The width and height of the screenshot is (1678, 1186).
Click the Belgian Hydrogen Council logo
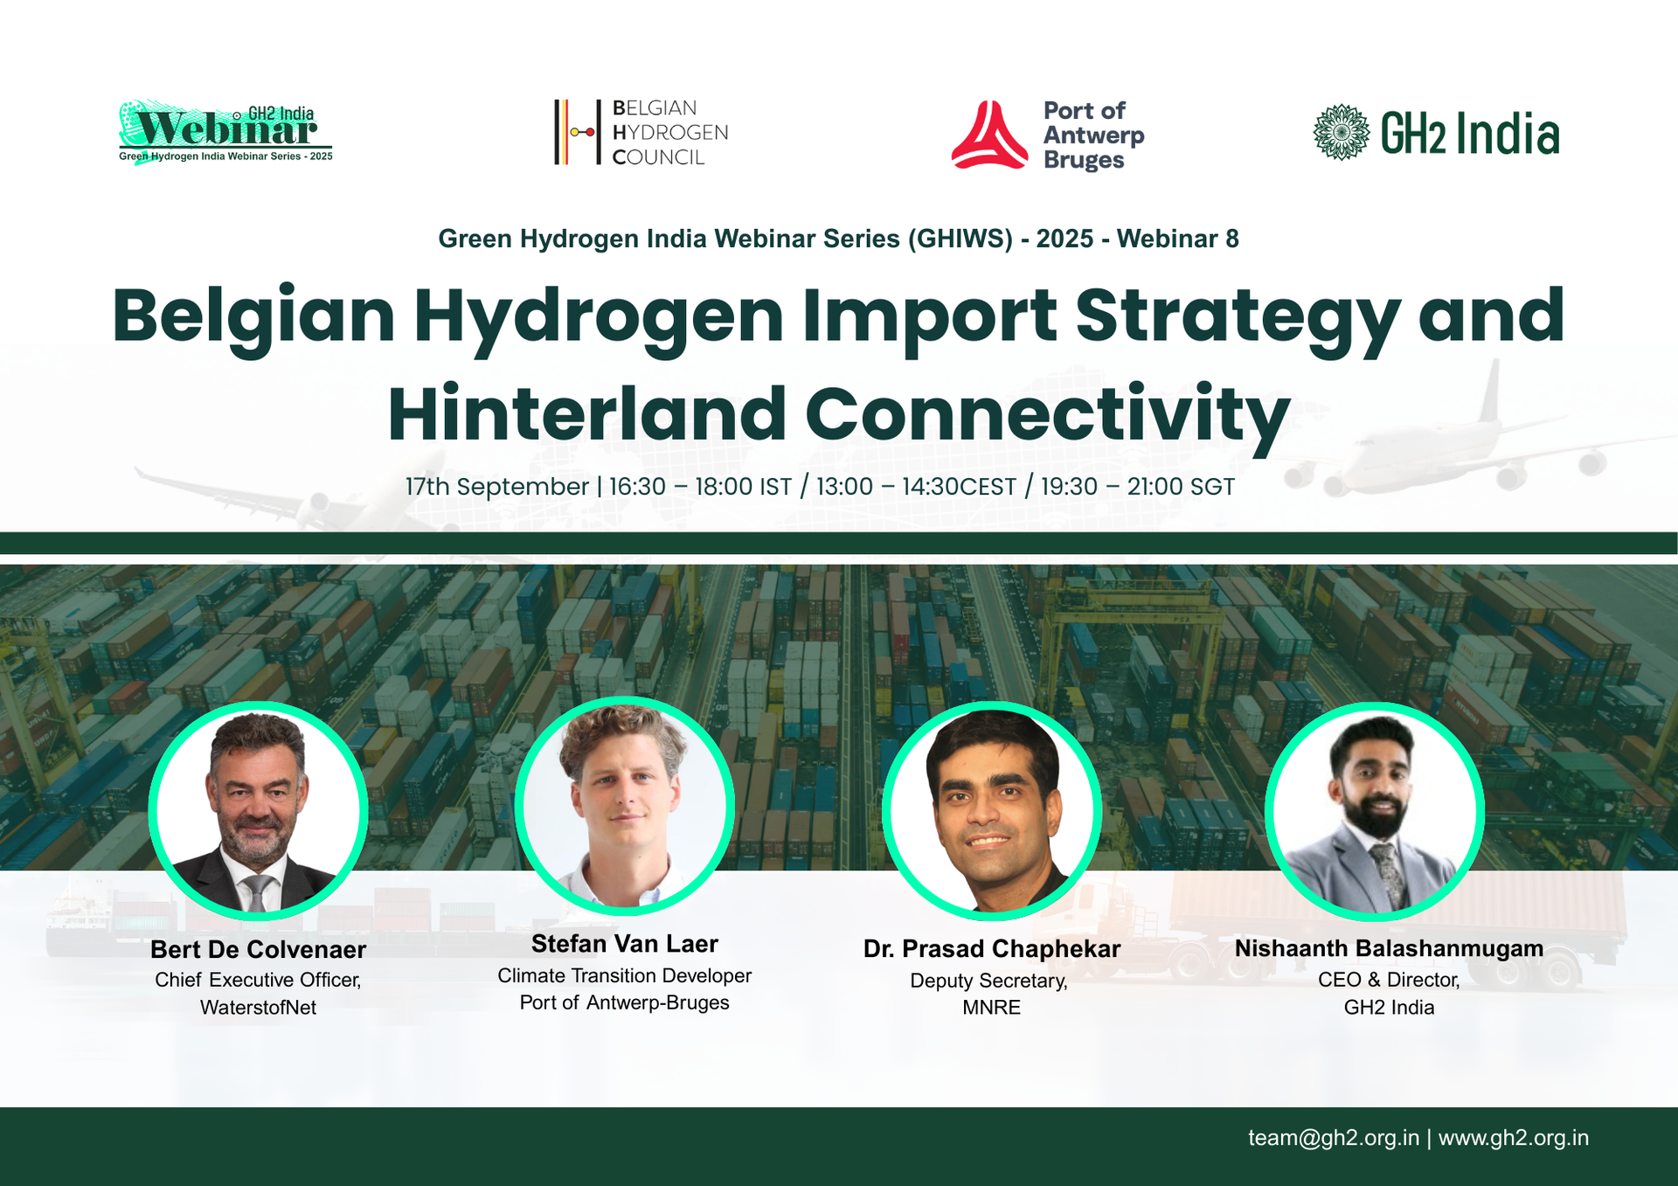click(x=641, y=132)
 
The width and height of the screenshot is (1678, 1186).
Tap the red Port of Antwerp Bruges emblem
click(x=989, y=135)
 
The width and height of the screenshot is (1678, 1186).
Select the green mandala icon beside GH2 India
click(x=1342, y=132)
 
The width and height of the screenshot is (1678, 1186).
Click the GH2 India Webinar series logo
click(x=225, y=132)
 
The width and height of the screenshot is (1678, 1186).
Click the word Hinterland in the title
click(x=587, y=413)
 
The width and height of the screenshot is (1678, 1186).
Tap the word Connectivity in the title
click(x=1048, y=417)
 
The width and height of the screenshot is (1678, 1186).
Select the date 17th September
click(x=496, y=487)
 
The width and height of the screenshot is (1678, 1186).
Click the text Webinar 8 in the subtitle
click(x=1177, y=239)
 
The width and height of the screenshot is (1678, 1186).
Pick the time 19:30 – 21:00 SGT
click(x=1138, y=487)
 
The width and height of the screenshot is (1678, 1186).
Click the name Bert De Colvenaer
click(x=258, y=949)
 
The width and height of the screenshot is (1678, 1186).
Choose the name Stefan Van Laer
click(x=625, y=944)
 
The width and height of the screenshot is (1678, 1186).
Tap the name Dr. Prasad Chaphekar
click(x=992, y=949)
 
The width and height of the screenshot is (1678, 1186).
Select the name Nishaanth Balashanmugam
click(x=1389, y=948)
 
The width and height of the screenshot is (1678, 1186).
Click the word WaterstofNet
click(x=258, y=1008)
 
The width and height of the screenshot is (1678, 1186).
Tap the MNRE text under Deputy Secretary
click(x=991, y=1008)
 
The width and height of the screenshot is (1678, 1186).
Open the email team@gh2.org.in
click(x=1334, y=1138)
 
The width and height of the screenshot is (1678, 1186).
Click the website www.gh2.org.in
click(x=1514, y=1138)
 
